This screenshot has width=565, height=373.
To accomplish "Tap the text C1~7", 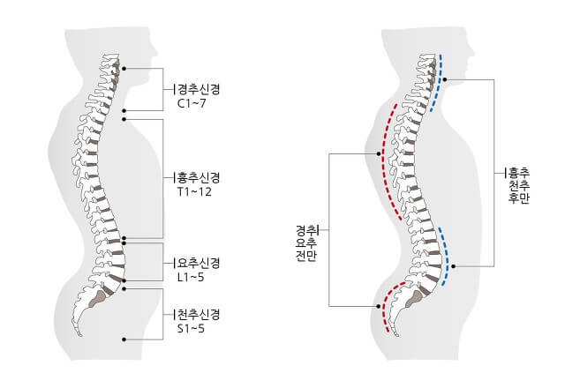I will click(x=192, y=104).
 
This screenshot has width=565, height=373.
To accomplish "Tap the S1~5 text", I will click(x=192, y=329).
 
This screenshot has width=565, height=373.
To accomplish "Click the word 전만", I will click(x=306, y=256).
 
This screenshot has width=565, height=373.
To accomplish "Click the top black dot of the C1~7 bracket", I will click(x=124, y=68).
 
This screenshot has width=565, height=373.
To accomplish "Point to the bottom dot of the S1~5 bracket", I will click(x=124, y=339).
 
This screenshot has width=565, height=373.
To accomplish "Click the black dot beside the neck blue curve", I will click(x=447, y=80).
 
